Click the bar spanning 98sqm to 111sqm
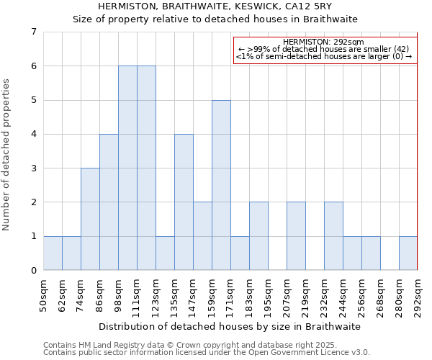tap(127, 168)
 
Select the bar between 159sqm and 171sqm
tap(221, 185)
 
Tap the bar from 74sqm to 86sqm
tap(90, 219)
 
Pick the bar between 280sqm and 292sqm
tap(408, 253)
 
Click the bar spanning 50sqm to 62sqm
tap(53, 253)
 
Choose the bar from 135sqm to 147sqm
tap(184, 202)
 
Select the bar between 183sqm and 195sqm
tap(258, 236)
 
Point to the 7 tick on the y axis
tap(33, 32)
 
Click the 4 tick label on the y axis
tap(33, 134)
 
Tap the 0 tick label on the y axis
tap(33, 271)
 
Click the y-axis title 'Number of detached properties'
tap(7, 155)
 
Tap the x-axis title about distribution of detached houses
tap(230, 326)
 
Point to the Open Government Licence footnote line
tap(207, 353)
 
